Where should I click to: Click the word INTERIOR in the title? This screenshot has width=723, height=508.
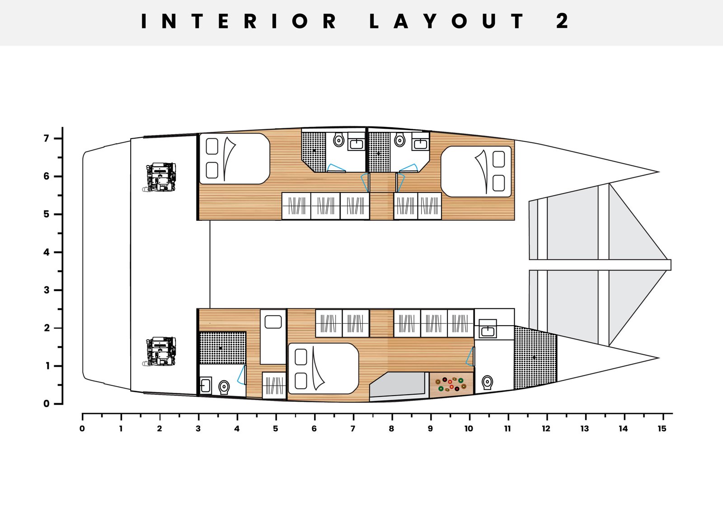click(x=239, y=21)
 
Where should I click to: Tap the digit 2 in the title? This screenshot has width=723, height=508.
click(x=562, y=21)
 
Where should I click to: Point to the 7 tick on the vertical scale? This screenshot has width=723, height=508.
click(x=58, y=138)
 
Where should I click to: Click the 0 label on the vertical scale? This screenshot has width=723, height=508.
click(x=47, y=404)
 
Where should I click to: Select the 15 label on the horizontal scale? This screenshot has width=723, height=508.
click(x=662, y=429)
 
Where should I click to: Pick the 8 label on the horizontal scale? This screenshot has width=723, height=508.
click(x=391, y=429)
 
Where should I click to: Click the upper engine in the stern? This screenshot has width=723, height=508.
click(x=160, y=177)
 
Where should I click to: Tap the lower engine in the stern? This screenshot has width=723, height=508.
click(x=160, y=352)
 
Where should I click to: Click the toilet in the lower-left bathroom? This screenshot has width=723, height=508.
click(x=224, y=387)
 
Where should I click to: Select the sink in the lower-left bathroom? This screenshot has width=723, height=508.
click(x=206, y=386)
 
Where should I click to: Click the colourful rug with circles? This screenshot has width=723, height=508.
click(x=451, y=384)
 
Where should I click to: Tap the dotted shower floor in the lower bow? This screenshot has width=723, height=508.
click(x=535, y=357)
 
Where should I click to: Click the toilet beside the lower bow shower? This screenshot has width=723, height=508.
click(x=488, y=382)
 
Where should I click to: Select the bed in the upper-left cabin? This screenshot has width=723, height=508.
click(x=235, y=158)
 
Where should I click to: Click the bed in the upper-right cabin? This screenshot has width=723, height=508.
click(x=476, y=171)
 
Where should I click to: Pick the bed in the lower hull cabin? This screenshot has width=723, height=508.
click(x=324, y=368)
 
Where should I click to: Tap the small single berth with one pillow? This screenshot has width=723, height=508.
click(x=273, y=337)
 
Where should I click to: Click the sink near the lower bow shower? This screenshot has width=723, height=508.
click(x=488, y=329)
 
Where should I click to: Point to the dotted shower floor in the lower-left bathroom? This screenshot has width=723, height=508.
click(x=223, y=348)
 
